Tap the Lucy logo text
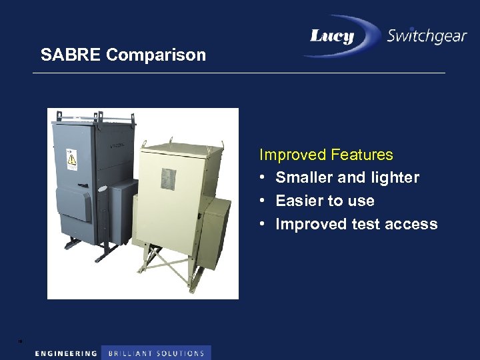331,36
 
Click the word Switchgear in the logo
427,36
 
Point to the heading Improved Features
326,155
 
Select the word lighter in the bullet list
393,177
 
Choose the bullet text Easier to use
325,201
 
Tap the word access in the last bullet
411,224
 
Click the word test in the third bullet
366,224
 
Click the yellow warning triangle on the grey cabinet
70,159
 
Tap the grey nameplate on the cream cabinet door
168,178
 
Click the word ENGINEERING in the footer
66,353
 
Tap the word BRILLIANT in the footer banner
130,353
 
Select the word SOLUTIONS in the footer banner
181,353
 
